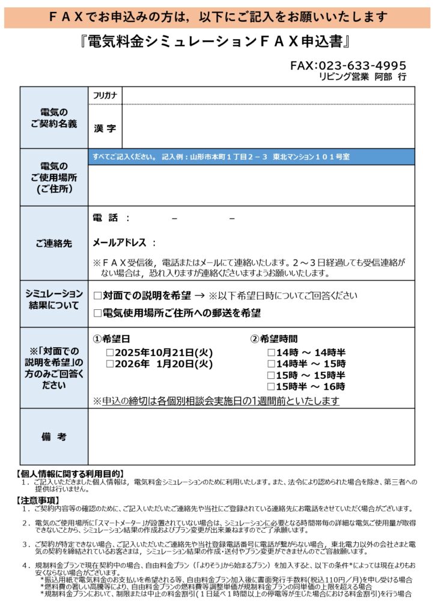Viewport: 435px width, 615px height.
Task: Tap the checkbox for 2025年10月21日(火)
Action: [110, 353]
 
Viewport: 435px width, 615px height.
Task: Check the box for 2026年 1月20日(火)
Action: [110, 363]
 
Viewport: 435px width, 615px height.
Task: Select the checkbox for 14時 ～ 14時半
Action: [271, 353]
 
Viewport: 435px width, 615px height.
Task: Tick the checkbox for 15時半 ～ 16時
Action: [271, 386]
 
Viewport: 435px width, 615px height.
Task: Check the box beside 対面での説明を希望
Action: [98, 295]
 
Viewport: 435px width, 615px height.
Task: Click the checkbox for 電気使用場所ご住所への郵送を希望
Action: [98, 313]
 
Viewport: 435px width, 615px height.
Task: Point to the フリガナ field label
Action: [105, 95]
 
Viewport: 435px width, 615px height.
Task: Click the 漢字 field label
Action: [105, 128]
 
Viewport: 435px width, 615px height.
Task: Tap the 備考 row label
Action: [54, 437]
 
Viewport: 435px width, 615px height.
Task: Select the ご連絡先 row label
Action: [54, 243]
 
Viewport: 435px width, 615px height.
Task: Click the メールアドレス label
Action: [120, 243]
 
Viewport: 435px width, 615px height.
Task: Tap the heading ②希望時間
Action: [274, 339]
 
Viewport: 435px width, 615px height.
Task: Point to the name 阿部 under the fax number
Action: [386, 77]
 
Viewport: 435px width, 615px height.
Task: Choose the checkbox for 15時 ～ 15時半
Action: [271, 375]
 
